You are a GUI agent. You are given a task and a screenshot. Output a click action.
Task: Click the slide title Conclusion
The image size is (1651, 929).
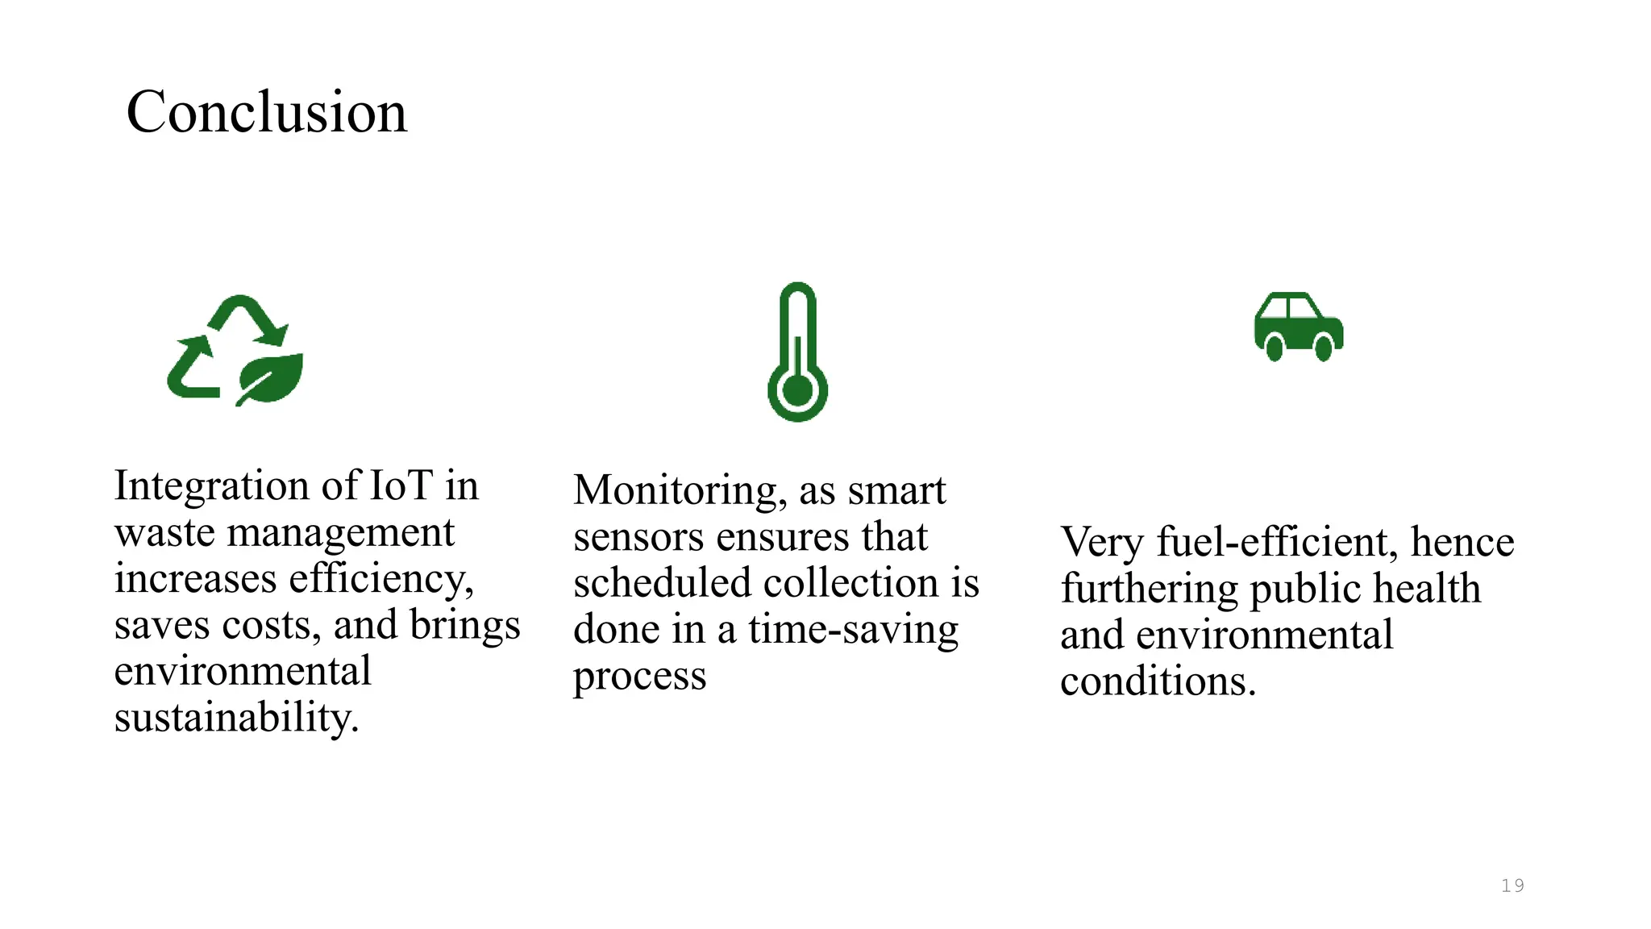267,112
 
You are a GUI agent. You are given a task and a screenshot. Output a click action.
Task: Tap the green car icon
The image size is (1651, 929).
1299,327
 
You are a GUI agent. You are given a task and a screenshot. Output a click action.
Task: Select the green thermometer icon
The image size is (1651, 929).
797,352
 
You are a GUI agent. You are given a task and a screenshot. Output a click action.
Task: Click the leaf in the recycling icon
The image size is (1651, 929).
272,377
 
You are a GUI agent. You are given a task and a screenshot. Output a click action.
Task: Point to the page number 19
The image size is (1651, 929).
1512,885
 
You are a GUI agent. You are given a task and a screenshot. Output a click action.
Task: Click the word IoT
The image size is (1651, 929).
401,485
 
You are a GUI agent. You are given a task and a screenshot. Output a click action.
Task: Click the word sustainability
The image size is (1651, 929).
236,718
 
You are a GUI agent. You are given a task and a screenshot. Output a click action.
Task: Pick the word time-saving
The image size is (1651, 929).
854,630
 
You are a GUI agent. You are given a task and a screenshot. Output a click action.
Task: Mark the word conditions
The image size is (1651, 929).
1158,681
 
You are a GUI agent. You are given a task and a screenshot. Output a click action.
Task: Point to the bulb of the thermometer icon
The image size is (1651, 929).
797,393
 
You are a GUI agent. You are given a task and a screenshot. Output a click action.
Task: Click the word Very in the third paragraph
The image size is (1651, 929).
1102,542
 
